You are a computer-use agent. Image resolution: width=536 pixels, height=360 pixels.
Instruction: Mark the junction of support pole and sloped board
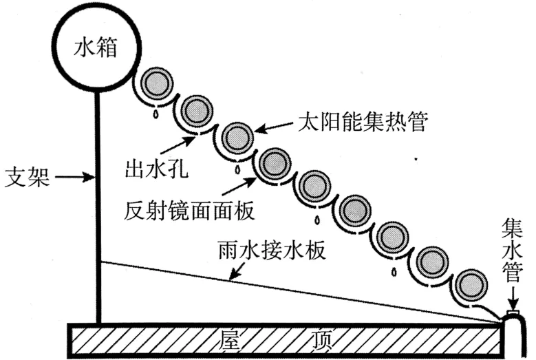pyautogui.click(x=99, y=262)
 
